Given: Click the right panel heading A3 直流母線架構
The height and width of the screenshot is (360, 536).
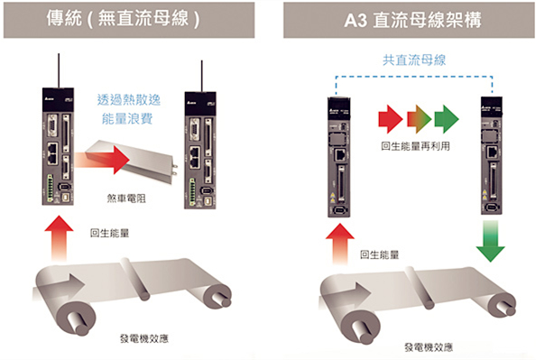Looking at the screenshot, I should tap(402, 17).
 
